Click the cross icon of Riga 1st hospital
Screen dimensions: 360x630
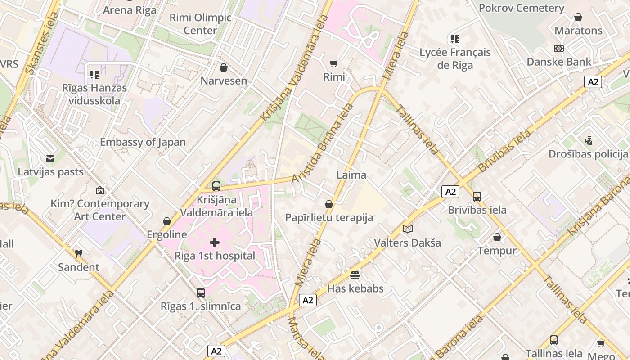(215, 243)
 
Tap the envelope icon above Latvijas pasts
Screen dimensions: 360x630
(50, 158)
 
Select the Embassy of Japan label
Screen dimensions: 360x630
(143, 142)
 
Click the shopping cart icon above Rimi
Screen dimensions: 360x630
(334, 63)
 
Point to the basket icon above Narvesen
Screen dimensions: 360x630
(224, 67)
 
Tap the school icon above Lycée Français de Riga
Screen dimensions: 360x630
(455, 39)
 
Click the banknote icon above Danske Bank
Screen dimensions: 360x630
(558, 49)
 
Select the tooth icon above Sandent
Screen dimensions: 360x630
(79, 254)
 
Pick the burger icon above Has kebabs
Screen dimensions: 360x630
(355, 275)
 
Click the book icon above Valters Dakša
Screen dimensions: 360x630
(407, 229)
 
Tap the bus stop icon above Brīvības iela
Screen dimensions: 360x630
(477, 197)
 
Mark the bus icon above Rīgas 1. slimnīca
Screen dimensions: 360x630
(201, 293)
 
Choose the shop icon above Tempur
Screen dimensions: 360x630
(497, 237)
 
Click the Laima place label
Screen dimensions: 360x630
(351, 175)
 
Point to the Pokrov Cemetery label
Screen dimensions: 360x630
(521, 8)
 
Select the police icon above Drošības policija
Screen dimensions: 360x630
(588, 141)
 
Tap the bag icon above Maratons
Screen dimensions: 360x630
(578, 18)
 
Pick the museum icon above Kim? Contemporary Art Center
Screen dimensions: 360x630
(99, 190)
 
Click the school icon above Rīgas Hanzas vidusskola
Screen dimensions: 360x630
(94, 74)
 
